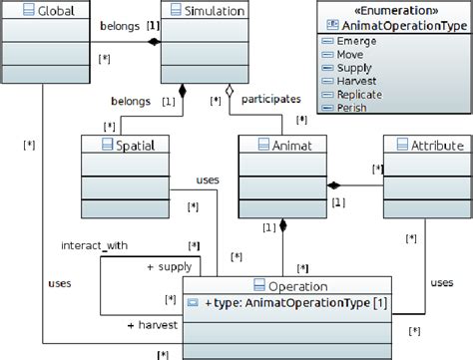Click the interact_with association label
click(94, 244)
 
